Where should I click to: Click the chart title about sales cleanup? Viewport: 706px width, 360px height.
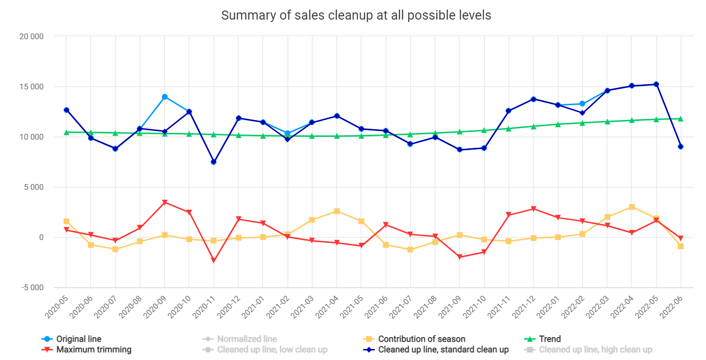356,15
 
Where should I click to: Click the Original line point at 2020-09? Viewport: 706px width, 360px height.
165,97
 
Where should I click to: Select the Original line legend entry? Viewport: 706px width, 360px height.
78,339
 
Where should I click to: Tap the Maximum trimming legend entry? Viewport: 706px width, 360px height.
94,349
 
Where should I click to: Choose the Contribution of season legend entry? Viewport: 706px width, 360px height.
421,339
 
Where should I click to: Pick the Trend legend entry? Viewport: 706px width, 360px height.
550,339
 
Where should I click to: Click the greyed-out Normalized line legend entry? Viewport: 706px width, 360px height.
247,339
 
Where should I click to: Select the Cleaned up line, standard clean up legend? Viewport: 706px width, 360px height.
443,349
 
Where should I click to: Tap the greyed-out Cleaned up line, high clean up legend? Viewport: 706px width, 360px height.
596,349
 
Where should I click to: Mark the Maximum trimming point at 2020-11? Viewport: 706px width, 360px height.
214,261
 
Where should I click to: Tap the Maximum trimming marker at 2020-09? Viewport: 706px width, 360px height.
165,203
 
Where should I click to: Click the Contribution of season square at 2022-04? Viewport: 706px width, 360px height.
631,207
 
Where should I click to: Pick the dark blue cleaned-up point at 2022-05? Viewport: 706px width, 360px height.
656,85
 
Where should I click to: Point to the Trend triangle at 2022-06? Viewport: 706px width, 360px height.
681,119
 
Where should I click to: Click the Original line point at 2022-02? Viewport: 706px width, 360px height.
582,104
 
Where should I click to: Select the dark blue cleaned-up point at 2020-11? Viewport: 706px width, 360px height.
214,162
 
